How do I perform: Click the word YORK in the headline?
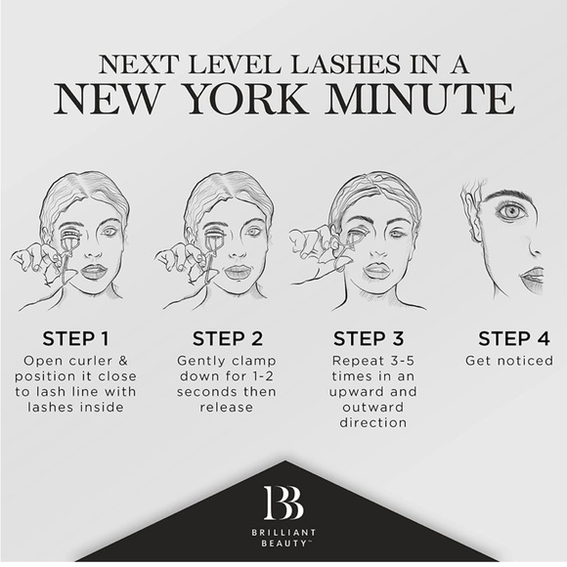click(x=246, y=99)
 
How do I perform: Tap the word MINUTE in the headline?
click(x=419, y=99)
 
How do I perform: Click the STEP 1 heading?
click(x=75, y=339)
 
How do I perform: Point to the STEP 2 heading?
click(x=228, y=339)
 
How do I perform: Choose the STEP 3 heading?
click(x=369, y=339)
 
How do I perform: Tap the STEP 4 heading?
click(x=514, y=339)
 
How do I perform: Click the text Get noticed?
click(x=509, y=361)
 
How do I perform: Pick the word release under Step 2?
click(x=227, y=408)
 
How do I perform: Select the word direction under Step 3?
click(x=373, y=422)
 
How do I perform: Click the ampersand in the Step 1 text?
click(x=123, y=361)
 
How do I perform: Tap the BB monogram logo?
click(x=283, y=502)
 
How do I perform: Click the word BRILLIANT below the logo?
click(x=283, y=532)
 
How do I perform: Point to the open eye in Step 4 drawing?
click(x=510, y=211)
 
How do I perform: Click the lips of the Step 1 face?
click(x=93, y=272)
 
